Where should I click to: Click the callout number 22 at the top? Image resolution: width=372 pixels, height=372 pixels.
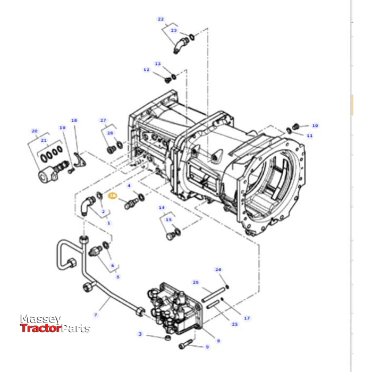pyautogui.click(x=161, y=19)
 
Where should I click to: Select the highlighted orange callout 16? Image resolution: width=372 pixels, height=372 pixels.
pyautogui.click(x=112, y=196)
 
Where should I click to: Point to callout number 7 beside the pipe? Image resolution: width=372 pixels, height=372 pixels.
pyautogui.click(x=96, y=315)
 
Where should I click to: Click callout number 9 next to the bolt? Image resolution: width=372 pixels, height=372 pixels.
pyautogui.click(x=207, y=347)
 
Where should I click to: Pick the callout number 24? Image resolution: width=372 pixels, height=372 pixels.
pyautogui.click(x=218, y=269)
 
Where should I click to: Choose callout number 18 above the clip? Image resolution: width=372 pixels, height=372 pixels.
pyautogui.click(x=74, y=121)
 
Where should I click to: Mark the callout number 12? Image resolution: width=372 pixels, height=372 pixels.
pyautogui.click(x=146, y=70)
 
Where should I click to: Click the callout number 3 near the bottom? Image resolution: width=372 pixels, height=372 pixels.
pyautogui.click(x=140, y=334)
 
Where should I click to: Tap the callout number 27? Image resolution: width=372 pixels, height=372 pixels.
pyautogui.click(x=103, y=121)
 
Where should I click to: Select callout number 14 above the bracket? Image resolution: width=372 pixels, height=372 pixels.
pyautogui.click(x=162, y=207)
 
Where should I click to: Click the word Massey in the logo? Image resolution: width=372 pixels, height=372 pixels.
pyautogui.click(x=40, y=319)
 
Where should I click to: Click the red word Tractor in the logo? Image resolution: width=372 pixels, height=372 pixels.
pyautogui.click(x=41, y=328)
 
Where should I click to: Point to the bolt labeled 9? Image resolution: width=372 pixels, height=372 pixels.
pyautogui.click(x=185, y=344)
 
